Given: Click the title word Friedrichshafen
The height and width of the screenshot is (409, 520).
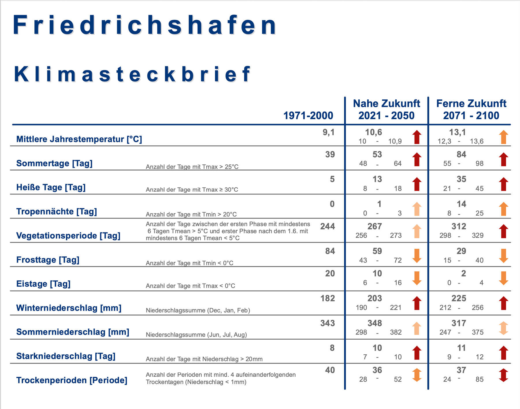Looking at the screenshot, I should pyautogui.click(x=144, y=25).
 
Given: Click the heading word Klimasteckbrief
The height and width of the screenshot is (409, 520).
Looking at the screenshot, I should pyautogui.click(x=132, y=74).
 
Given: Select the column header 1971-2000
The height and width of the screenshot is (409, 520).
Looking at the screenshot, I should pyautogui.click(x=308, y=116).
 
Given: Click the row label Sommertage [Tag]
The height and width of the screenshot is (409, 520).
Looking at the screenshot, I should pyautogui.click(x=54, y=163).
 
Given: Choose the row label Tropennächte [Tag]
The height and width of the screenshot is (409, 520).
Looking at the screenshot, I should pyautogui.click(x=57, y=212).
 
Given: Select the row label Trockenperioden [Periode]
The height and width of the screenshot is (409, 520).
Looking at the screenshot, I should pyautogui.click(x=72, y=380).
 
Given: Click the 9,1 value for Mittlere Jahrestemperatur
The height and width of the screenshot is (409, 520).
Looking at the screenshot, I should pyautogui.click(x=328, y=132).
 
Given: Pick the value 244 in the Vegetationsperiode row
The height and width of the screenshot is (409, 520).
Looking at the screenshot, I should pyautogui.click(x=327, y=226).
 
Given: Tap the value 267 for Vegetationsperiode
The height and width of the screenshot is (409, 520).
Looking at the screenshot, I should pyautogui.click(x=375, y=226).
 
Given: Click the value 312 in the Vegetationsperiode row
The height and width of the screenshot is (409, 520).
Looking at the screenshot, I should pyautogui.click(x=459, y=226).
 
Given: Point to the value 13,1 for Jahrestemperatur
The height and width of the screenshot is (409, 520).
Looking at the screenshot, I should pyautogui.click(x=457, y=132).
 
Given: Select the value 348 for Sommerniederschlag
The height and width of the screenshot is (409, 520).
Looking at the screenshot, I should pyautogui.click(x=375, y=323).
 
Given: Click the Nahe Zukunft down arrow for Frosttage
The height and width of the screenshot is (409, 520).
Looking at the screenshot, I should pyautogui.click(x=417, y=256).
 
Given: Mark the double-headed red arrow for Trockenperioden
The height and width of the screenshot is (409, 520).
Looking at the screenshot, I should pyautogui.click(x=504, y=375).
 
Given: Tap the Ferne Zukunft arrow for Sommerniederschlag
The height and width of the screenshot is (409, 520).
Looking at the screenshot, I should pyautogui.click(x=504, y=328).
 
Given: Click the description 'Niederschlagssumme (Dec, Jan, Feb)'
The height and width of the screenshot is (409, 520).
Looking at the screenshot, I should pyautogui.click(x=198, y=310).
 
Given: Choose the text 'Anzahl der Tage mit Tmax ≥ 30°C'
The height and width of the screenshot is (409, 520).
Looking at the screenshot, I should pyautogui.click(x=192, y=190).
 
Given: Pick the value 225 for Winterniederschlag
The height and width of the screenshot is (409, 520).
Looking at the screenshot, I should pyautogui.click(x=459, y=298).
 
